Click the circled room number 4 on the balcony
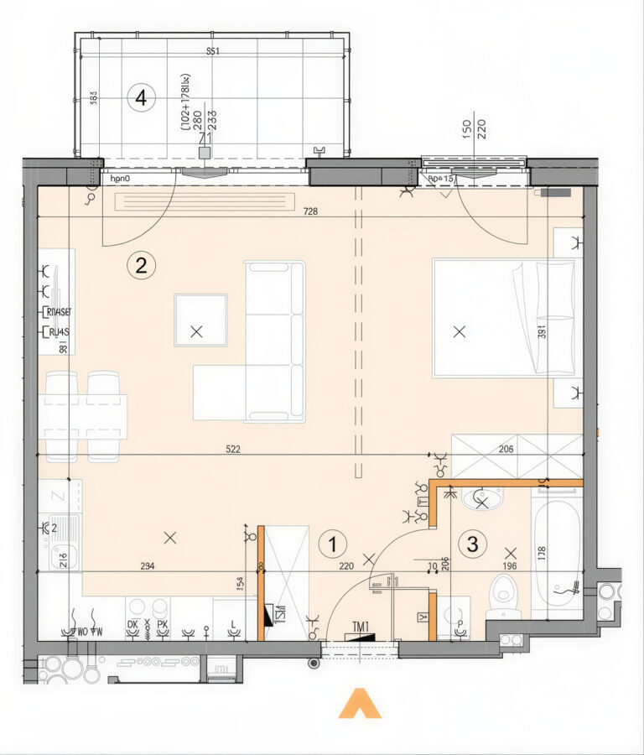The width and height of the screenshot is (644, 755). pyautogui.click(x=141, y=98)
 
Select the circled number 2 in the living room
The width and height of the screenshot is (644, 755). pyautogui.click(x=141, y=266)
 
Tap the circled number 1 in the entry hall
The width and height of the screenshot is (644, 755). pyautogui.click(x=333, y=544)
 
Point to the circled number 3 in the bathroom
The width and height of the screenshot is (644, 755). pyautogui.click(x=472, y=544)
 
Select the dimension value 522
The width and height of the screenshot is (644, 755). pyautogui.click(x=233, y=450)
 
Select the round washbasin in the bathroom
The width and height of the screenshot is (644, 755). pyautogui.click(x=481, y=501)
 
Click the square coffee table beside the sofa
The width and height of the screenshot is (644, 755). pyautogui.click(x=200, y=320)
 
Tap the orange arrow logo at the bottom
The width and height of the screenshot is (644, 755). pyautogui.click(x=360, y=704)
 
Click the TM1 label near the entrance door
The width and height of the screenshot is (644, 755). pyautogui.click(x=361, y=625)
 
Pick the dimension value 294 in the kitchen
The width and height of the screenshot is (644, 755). pyautogui.click(x=148, y=566)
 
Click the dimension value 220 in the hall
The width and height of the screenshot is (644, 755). pyautogui.click(x=346, y=566)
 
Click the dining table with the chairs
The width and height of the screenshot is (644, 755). pyautogui.click(x=84, y=417)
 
